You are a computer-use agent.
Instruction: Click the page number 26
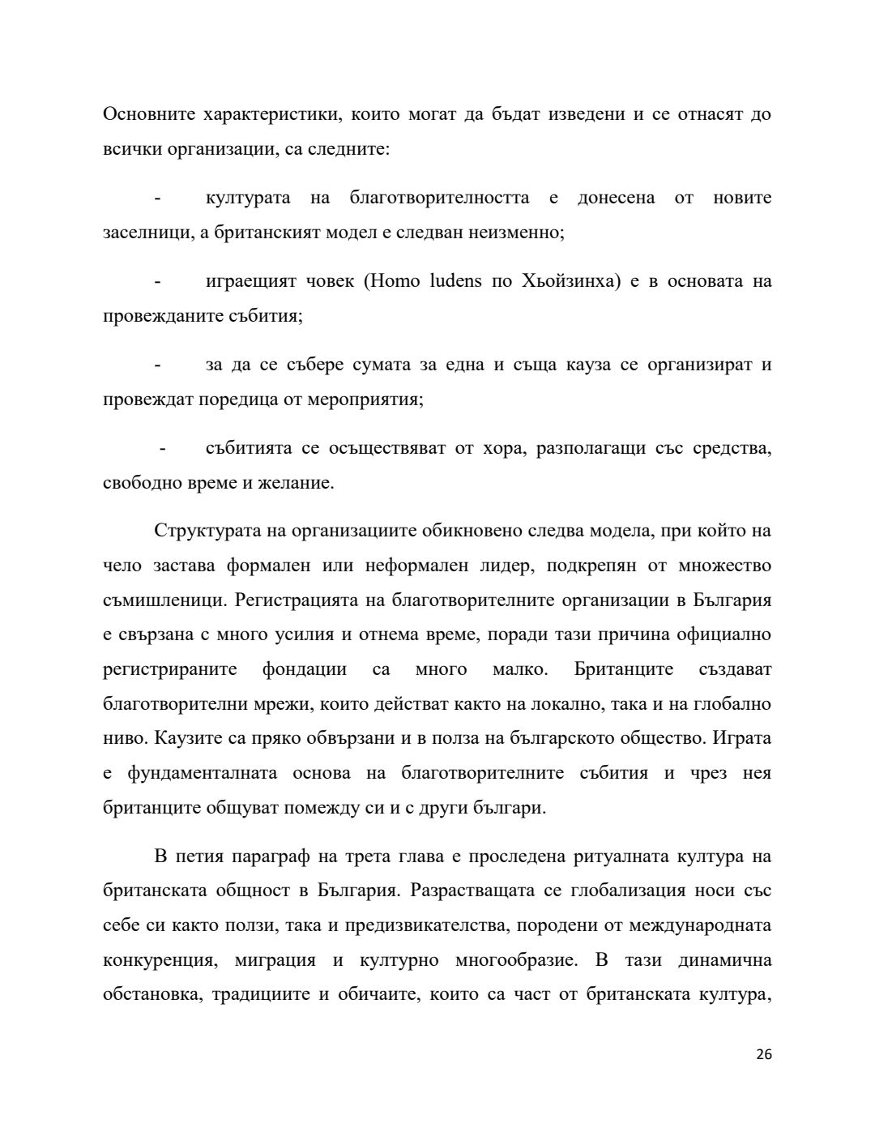[x=763, y=1054]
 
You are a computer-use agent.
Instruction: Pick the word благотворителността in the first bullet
[x=440, y=198]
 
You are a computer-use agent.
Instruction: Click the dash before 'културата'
[x=156, y=198]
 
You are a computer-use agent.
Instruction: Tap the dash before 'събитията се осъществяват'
[x=163, y=448]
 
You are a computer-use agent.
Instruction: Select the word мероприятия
[x=372, y=399]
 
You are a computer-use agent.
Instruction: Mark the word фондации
[x=304, y=669]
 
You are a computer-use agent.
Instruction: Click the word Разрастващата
[x=472, y=891]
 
